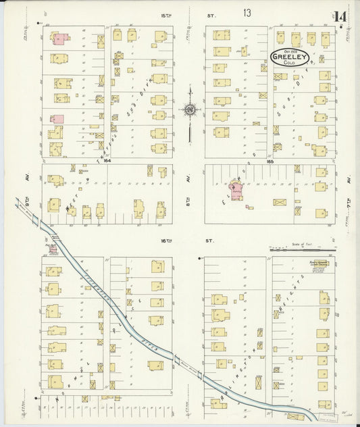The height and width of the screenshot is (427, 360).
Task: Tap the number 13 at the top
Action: pos(247,13)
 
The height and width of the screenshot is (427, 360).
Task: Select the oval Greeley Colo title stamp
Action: pos(290,57)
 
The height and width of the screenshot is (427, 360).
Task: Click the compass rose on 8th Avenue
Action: pos(190,109)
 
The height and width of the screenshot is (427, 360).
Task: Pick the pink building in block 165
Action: pos(236,186)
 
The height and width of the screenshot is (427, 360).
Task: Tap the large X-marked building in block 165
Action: pos(280,202)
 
